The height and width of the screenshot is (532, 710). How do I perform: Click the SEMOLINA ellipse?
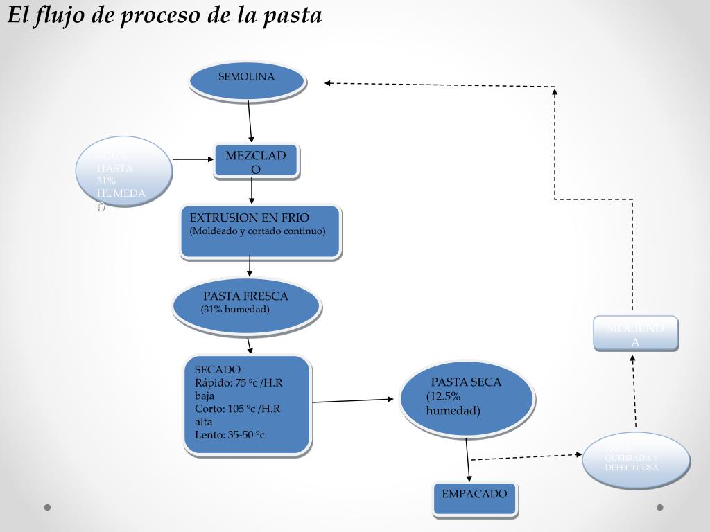pyautogui.click(x=248, y=80)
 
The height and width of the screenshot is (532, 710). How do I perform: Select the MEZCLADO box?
pyautogui.click(x=256, y=162)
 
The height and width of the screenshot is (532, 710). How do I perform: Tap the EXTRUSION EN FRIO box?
pyautogui.click(x=261, y=232)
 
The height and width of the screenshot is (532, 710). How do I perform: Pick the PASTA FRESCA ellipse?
pyautogui.click(x=246, y=305)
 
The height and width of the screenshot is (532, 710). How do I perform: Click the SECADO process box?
pyautogui.click(x=247, y=405)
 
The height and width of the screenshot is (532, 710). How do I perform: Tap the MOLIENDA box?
pyautogui.click(x=635, y=333)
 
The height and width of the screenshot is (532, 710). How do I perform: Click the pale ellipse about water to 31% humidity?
pyautogui.click(x=123, y=172)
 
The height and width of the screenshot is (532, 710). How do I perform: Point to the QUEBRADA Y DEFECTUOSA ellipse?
pyautogui.click(x=636, y=460)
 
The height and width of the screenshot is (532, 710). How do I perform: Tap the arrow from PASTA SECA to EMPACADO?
pyautogui.click(x=468, y=461)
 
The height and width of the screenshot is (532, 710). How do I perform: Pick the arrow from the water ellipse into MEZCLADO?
pyautogui.click(x=193, y=159)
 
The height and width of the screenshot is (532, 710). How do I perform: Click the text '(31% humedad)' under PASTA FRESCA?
pyautogui.click(x=235, y=309)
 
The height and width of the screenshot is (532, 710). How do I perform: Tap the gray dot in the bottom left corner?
pyautogui.click(x=48, y=507)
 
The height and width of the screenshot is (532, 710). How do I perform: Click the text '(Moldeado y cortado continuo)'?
pyautogui.click(x=257, y=231)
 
